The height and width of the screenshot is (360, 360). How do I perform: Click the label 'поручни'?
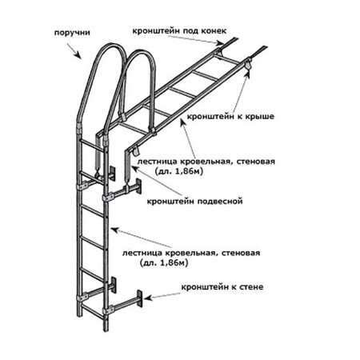point(72,33)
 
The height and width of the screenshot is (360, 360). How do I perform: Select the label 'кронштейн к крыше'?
point(230,117)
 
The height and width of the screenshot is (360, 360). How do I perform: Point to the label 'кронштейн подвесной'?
point(194,201)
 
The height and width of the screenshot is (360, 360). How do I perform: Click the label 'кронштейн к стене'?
point(222,287)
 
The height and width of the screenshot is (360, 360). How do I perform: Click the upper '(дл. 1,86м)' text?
point(178,171)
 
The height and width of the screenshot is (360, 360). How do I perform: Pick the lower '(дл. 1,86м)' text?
point(164,263)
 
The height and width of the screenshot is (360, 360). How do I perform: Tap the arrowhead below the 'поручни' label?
point(78,55)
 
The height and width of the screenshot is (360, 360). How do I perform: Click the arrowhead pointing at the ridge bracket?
point(220,43)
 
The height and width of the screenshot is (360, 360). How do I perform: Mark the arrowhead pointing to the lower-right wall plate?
point(148,298)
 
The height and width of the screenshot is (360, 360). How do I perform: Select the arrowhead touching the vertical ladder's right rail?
point(114,230)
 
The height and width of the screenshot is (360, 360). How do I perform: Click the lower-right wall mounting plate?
point(139,298)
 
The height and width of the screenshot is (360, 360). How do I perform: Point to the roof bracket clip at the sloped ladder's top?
point(248,65)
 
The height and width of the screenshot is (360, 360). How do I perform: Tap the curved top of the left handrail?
point(110,47)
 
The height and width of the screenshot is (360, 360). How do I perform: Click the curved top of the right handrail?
point(141,54)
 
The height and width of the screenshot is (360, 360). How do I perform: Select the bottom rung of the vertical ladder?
point(91,312)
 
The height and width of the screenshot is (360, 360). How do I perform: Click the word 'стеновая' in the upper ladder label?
point(256,162)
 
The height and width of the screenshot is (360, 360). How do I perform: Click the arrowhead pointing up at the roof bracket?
point(249,74)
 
